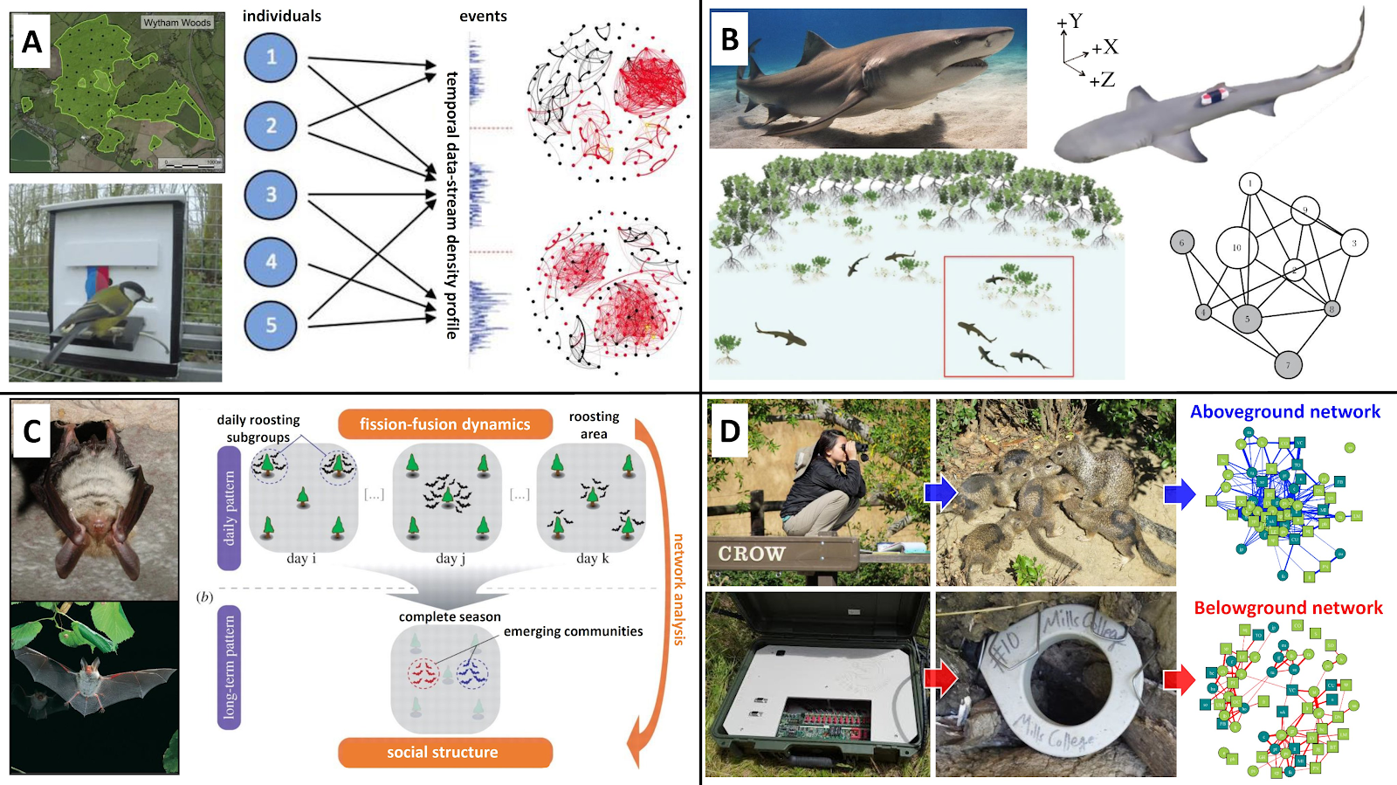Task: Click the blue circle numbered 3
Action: [271, 195]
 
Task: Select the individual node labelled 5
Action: [271, 325]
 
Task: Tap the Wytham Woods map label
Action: [177, 23]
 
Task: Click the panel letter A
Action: [32, 41]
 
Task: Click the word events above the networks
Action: [483, 17]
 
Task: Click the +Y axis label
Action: [1070, 21]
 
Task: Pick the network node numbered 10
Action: [1236, 247]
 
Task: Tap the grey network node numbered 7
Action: [1287, 365]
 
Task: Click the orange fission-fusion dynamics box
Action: [444, 424]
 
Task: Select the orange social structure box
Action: [444, 752]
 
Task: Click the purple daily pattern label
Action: [229, 507]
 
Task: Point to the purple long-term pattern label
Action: [229, 667]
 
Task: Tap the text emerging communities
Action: [573, 631]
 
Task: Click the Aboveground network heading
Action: [1284, 412]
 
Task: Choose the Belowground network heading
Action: [1288, 608]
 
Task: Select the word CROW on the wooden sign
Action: [751, 554]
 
